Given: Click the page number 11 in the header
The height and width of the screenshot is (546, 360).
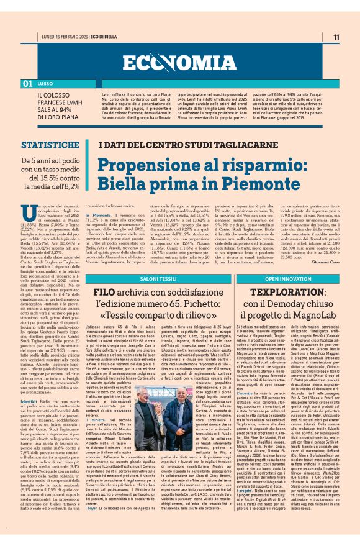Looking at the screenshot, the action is (336, 37).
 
